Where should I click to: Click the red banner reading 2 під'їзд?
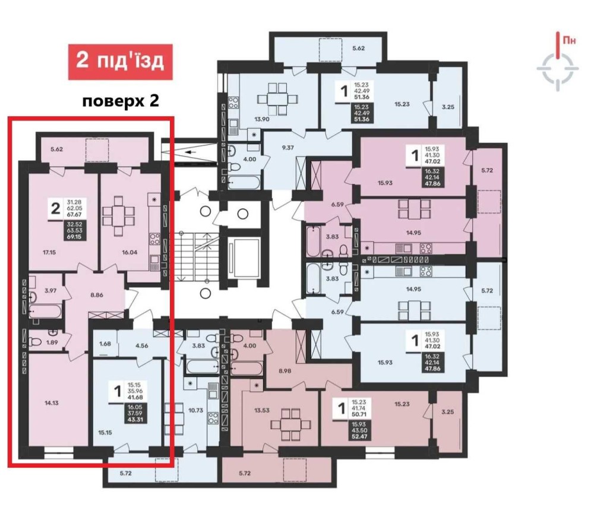[121, 62]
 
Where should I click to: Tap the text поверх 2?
[121, 101]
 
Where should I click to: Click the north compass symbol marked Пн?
[558, 62]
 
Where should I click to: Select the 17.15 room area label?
[49, 252]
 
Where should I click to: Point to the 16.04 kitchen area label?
[129, 252]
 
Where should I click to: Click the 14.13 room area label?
[52, 403]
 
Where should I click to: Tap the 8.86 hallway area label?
[97, 294]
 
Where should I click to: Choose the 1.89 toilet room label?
[52, 342]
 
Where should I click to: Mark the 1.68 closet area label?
[105, 344]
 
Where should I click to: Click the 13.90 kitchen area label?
[262, 119]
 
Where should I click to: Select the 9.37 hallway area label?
[288, 148]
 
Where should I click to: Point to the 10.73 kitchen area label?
[196, 409]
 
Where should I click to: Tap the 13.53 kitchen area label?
[262, 409]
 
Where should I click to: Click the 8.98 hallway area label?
[285, 371]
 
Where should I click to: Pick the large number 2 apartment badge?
[56, 208]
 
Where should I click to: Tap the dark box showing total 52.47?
[360, 430]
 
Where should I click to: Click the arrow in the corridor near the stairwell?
[191, 153]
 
